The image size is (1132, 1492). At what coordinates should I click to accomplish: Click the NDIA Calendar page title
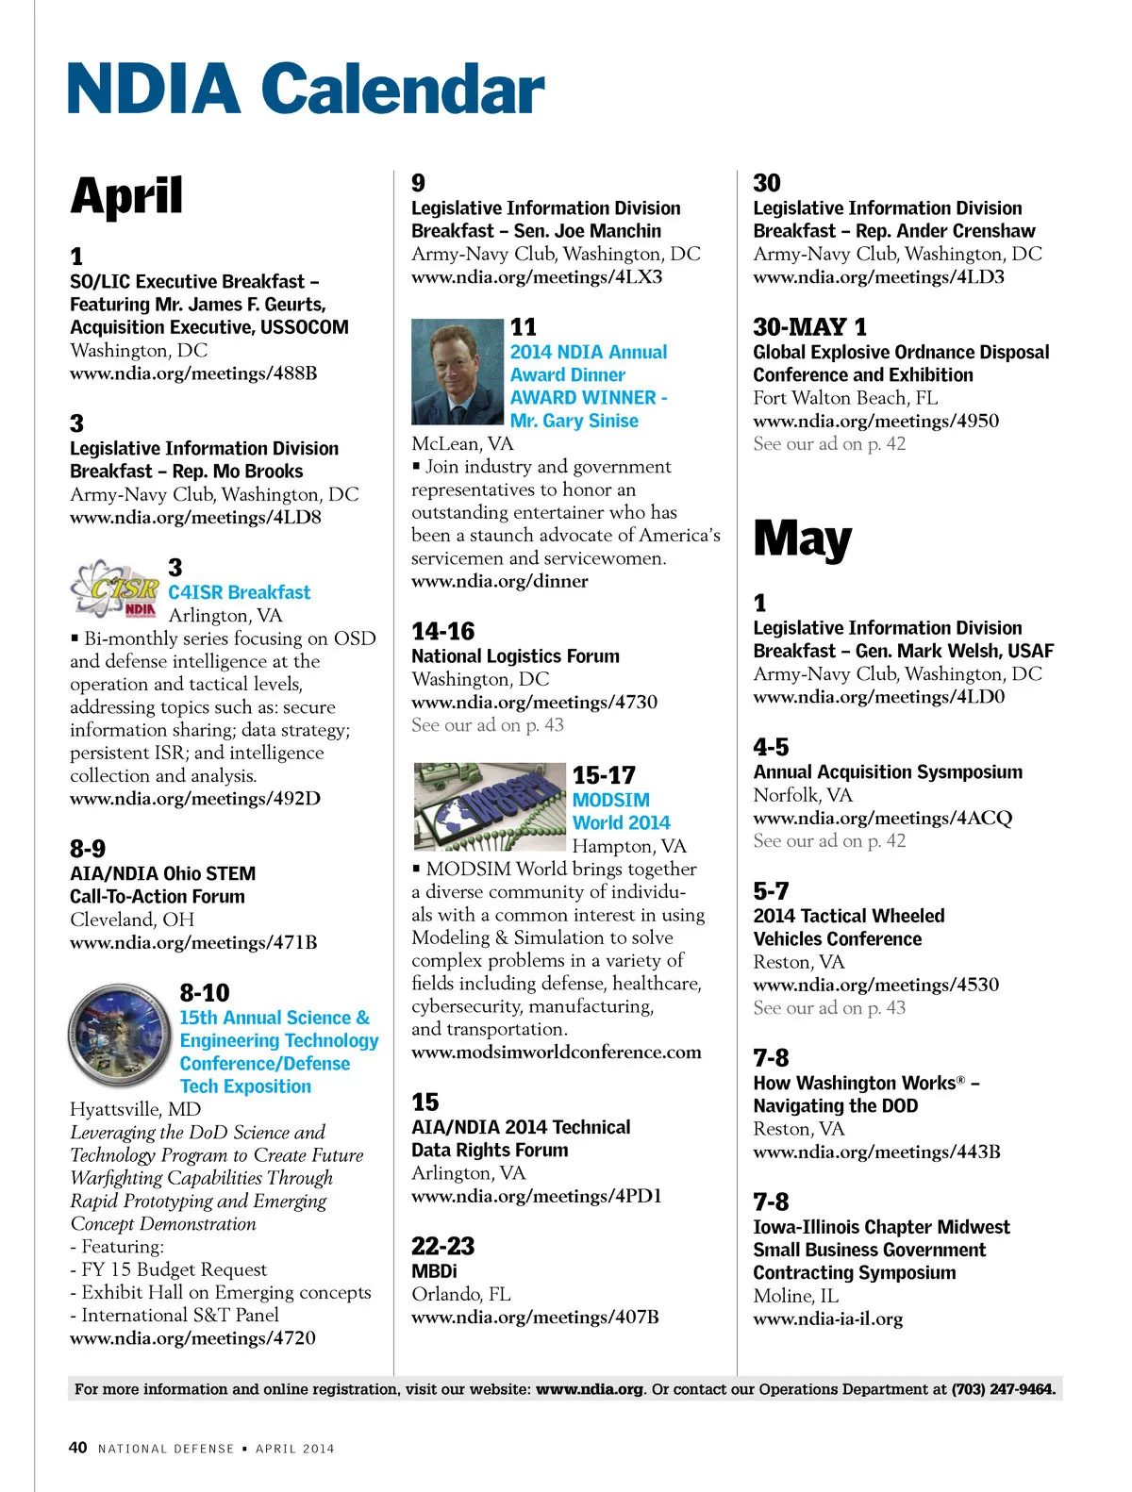pyautogui.click(x=306, y=89)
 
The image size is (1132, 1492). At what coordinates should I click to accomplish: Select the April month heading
pyautogui.click(x=126, y=196)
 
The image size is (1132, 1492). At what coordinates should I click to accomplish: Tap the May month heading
pyautogui.click(x=802, y=539)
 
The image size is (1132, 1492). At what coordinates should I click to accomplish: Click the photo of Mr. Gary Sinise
pyautogui.click(x=458, y=372)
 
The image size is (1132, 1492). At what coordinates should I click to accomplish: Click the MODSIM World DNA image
pyautogui.click(x=490, y=806)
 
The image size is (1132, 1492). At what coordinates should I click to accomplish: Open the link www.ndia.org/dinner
pyautogui.click(x=499, y=581)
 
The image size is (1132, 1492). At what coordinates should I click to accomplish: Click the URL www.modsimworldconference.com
pyautogui.click(x=556, y=1052)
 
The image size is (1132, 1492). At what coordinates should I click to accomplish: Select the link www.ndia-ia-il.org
pyautogui.click(x=827, y=1318)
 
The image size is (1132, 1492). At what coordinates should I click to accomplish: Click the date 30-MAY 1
pyautogui.click(x=809, y=327)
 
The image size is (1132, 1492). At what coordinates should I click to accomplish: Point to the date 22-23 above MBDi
pyautogui.click(x=442, y=1246)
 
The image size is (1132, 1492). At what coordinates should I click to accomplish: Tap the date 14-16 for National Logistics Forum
pyautogui.click(x=442, y=631)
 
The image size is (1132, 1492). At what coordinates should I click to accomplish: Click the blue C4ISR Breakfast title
pyautogui.click(x=239, y=592)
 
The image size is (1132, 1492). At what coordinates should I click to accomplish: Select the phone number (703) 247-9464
pyautogui.click(x=1003, y=1388)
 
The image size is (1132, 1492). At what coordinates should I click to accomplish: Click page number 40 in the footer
pyautogui.click(x=78, y=1448)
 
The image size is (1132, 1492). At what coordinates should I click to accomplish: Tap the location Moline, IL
pyautogui.click(x=795, y=1296)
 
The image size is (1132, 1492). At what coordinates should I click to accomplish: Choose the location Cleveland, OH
pyautogui.click(x=132, y=920)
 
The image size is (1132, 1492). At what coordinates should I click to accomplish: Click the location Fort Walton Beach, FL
pyautogui.click(x=845, y=398)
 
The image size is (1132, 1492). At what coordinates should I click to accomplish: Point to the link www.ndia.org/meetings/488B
pyautogui.click(x=193, y=373)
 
